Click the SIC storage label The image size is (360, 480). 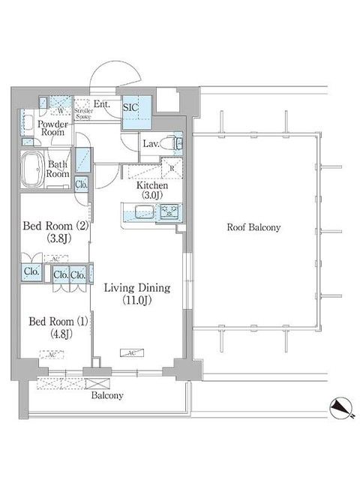click(129, 107)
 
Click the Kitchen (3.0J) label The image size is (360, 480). click(151, 190)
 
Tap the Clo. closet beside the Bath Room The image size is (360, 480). click(82, 182)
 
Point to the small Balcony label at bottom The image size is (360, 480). click(107, 394)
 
